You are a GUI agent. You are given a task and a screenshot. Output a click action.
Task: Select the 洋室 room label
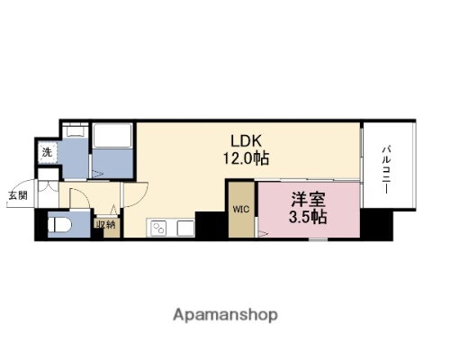pyautogui.click(x=308, y=200)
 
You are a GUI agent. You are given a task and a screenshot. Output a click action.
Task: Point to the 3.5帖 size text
pyautogui.click(x=308, y=218)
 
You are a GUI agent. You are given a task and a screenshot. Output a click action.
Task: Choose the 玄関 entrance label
pyautogui.click(x=19, y=194)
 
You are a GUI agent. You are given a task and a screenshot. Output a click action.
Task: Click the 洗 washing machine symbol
pyautogui.click(x=46, y=152)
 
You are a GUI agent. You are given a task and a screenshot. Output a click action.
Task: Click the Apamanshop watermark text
pyautogui.click(x=225, y=316)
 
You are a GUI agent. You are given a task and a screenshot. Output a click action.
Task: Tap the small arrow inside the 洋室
pyautogui.click(x=262, y=233)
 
